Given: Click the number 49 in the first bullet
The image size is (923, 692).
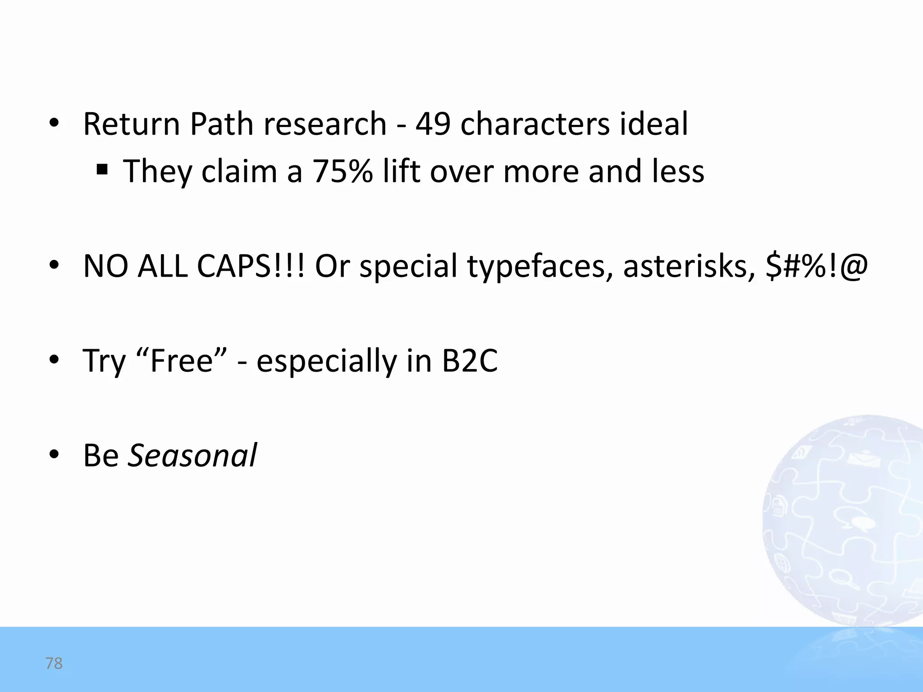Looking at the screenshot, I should point(432,124).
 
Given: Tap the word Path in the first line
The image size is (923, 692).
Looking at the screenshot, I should point(221,124).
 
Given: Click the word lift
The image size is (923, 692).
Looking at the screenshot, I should point(401,172).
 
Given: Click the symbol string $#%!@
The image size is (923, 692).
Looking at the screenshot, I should point(816,266).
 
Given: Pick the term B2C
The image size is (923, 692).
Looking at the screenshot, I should point(470,360).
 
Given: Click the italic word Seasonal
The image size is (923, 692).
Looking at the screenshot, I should point(192,455).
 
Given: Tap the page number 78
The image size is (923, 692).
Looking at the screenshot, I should point(54,663).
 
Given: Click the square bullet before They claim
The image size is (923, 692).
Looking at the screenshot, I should point(102,170).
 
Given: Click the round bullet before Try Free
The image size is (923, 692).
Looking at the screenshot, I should point(54,360).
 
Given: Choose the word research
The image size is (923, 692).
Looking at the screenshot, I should point(325,124).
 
